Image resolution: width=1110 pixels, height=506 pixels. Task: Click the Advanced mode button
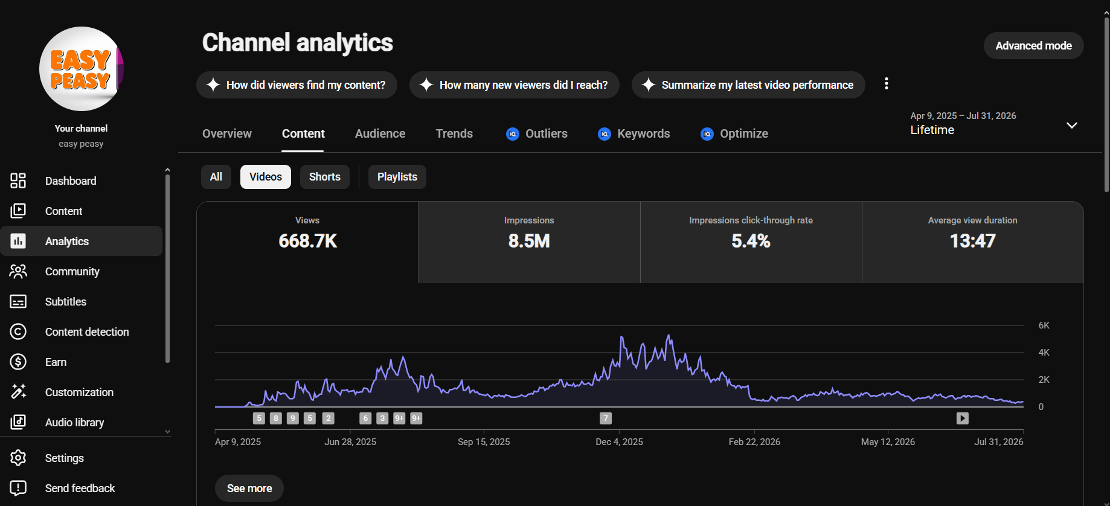coord(1033,46)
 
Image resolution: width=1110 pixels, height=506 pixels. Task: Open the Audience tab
coord(380,133)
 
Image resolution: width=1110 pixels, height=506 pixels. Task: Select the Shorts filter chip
coord(325,177)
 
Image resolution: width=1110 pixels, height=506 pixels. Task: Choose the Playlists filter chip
coord(397,177)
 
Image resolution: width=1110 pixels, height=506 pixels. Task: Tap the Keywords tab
coord(634,133)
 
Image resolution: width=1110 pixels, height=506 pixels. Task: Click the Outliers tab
coord(536,133)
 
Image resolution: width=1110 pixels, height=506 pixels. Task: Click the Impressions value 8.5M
coord(529,241)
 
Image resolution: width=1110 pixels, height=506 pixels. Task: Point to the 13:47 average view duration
coord(972,241)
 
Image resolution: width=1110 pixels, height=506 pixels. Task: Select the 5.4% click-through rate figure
coord(751,241)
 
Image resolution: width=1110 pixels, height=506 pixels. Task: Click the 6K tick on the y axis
coord(1044,325)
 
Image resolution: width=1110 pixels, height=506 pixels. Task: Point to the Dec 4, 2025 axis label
coord(619,442)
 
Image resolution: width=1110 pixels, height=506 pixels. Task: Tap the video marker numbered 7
coord(606,418)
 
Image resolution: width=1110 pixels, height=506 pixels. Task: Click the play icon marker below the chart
coord(963,418)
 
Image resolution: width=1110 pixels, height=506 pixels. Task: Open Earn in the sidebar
coord(56,362)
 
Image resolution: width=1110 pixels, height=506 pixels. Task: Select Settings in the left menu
coord(64,458)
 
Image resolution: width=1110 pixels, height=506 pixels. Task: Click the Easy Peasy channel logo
coord(82,69)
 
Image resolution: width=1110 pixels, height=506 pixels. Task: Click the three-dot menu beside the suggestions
coord(886,84)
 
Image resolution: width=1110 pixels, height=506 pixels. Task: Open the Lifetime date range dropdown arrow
coord(1072,126)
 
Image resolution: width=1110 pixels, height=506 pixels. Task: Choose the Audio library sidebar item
coord(74,423)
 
